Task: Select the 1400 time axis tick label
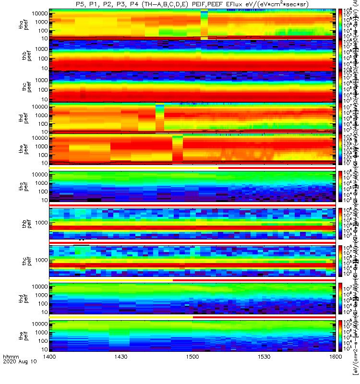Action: (49, 370)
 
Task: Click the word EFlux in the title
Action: (228, 4)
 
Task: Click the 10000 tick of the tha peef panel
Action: (39, 13)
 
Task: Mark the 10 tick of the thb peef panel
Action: (44, 68)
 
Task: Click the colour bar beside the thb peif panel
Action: (341, 223)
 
